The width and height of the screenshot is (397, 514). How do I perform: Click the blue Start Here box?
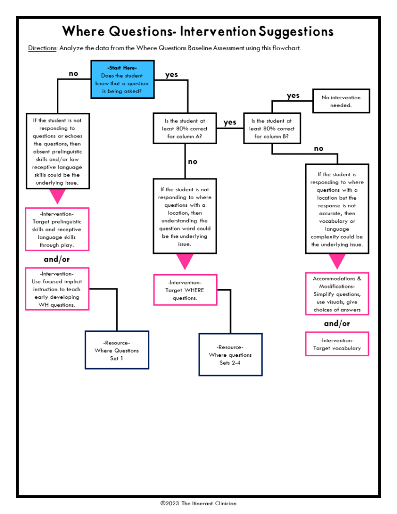[122, 79]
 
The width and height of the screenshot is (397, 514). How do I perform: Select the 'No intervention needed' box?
[341, 101]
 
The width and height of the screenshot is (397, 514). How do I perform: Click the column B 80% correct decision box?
[271, 129]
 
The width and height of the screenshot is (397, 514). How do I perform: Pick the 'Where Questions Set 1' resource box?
[117, 350]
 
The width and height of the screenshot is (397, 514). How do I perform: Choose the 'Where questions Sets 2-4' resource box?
[230, 355]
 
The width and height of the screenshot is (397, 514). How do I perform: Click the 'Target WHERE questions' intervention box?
[185, 290]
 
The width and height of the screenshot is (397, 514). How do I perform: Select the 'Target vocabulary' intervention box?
[337, 344]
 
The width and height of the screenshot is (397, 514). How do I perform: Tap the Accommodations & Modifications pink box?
[337, 294]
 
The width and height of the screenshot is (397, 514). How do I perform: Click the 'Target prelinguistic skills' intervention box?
[57, 229]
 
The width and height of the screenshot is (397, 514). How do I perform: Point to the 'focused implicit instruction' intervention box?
[57, 289]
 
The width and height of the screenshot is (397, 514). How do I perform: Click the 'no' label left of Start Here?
[73, 74]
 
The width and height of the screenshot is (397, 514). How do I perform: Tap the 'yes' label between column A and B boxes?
[230, 122]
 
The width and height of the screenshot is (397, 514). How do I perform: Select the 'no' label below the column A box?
[192, 162]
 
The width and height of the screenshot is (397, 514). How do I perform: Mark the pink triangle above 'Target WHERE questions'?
[185, 262]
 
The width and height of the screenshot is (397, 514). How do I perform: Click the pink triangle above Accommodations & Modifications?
[337, 261]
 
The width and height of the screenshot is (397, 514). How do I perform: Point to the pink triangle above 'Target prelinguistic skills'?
[57, 196]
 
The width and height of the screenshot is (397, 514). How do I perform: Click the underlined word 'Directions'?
[42, 48]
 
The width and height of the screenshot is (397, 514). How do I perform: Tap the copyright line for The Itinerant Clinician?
[198, 503]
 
